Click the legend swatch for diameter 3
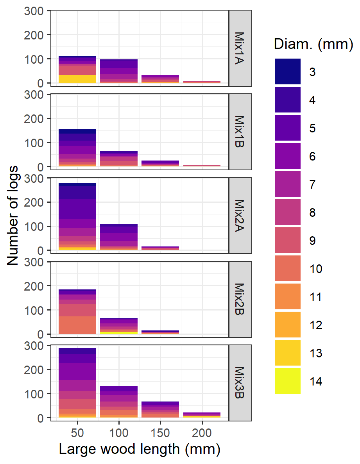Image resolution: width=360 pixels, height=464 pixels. click(288, 71)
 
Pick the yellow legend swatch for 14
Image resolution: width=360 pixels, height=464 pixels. click(288, 381)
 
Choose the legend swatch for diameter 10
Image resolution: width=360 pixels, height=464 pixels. click(288, 268)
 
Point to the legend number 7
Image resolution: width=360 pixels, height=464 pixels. click(312, 184)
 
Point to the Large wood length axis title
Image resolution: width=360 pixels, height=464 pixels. click(140, 450)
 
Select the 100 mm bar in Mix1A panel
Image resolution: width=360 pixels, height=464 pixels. click(119, 71)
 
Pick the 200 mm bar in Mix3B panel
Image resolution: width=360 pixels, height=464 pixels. click(202, 415)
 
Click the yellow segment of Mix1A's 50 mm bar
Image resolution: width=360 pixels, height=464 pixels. click(77, 79)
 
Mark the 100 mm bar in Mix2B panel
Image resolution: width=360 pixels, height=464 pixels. click(119, 326)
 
